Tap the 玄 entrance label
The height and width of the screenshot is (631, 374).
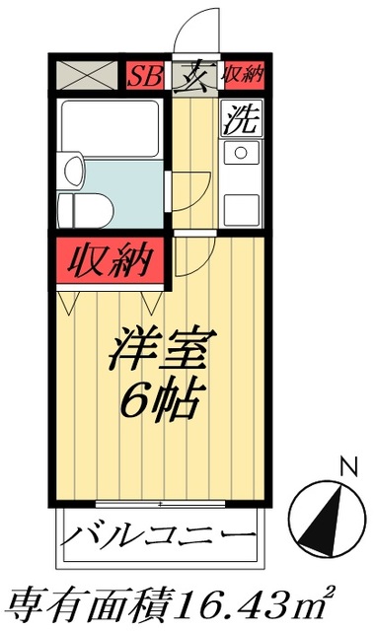[x=193, y=74]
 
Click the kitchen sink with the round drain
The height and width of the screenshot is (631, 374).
[x=240, y=154]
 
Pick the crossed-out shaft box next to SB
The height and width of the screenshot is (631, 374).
[x=86, y=75]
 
